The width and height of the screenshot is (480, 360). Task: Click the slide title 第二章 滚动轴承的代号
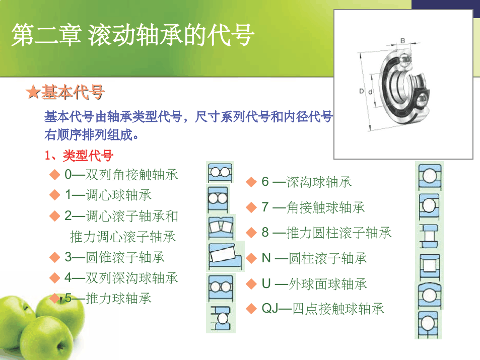click(x=133, y=35)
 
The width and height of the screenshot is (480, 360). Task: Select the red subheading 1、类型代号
click(x=79, y=156)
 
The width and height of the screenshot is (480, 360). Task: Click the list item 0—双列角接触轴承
click(x=121, y=175)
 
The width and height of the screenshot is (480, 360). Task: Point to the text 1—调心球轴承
click(x=108, y=195)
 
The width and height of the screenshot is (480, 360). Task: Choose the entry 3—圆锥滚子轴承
click(x=115, y=257)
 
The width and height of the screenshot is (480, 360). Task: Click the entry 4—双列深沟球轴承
click(x=121, y=278)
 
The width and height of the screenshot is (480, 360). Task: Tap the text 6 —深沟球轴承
click(x=307, y=182)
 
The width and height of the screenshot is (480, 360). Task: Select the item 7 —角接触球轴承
click(x=313, y=207)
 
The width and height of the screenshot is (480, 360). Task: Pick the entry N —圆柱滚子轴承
click(x=314, y=258)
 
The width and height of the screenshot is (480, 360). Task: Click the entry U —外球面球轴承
click(x=314, y=283)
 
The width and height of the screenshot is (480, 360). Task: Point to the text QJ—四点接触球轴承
click(x=323, y=308)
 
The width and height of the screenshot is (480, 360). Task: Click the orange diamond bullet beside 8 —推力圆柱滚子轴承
click(x=251, y=233)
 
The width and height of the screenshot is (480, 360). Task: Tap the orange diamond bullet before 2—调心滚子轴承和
click(x=54, y=216)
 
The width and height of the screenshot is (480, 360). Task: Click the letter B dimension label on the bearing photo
click(x=403, y=41)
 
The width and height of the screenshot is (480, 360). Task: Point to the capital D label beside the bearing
click(x=362, y=91)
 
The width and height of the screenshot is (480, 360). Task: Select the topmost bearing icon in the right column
click(x=430, y=176)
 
